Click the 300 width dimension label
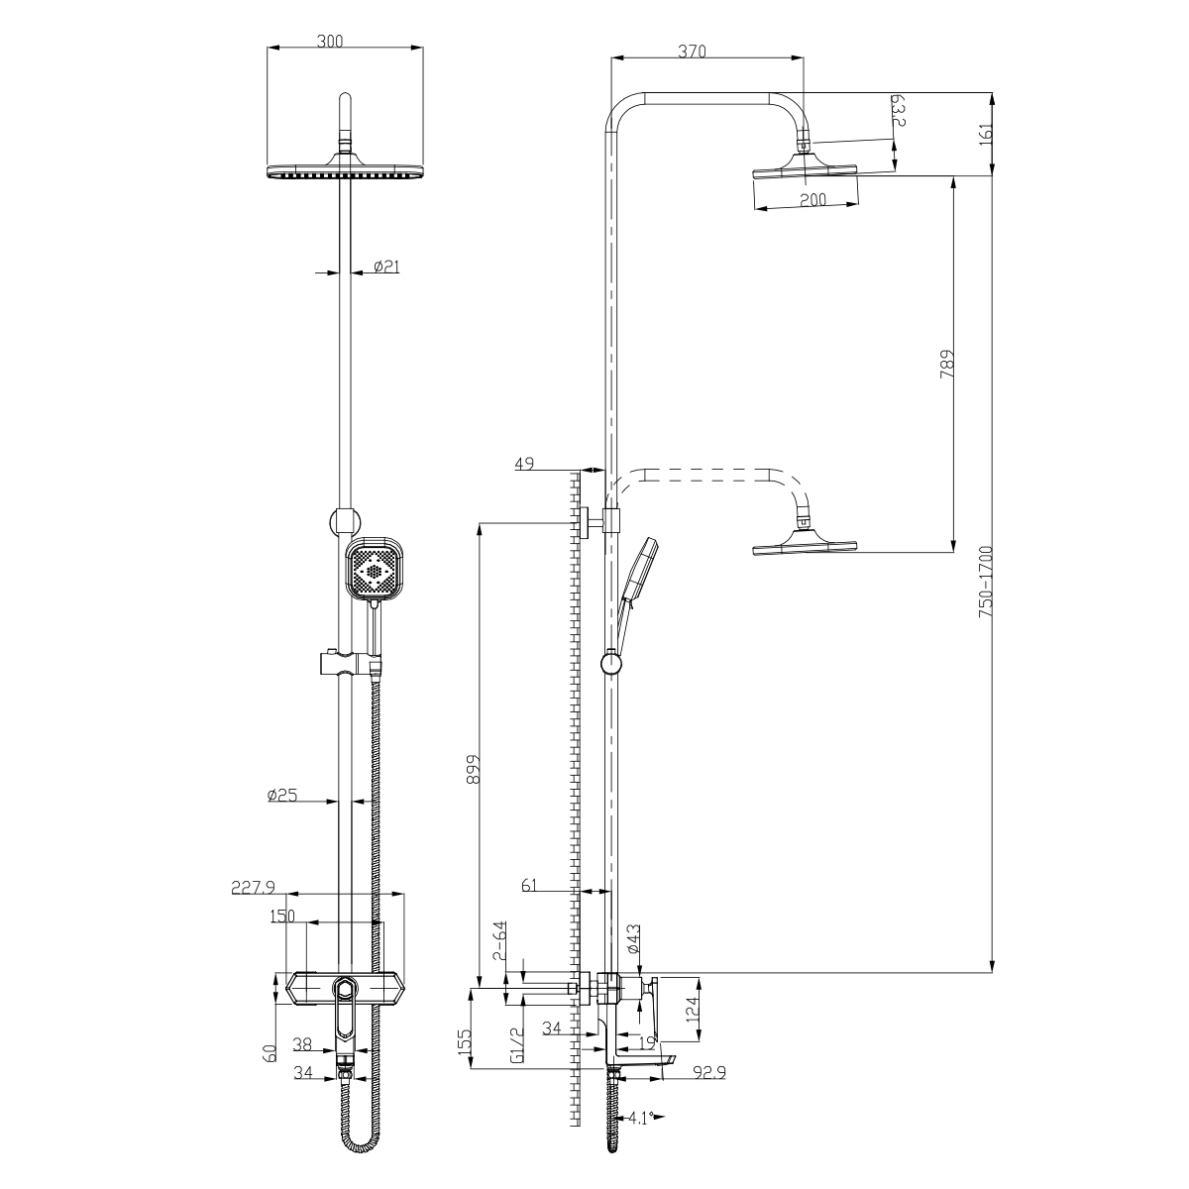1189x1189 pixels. pyautogui.click(x=330, y=42)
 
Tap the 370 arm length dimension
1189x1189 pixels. pyautogui.click(x=692, y=52)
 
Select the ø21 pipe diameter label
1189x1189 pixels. pyautogui.click(x=386, y=267)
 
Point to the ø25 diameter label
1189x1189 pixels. pyautogui.click(x=282, y=796)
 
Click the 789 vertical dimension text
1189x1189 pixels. pyautogui.click(x=947, y=364)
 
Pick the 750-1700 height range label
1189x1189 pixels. pyautogui.click(x=985, y=582)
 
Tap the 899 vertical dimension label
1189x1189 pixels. pyautogui.click(x=473, y=769)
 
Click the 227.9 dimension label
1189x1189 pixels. pyautogui.click(x=253, y=887)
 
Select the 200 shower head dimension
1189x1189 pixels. pyautogui.click(x=812, y=199)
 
